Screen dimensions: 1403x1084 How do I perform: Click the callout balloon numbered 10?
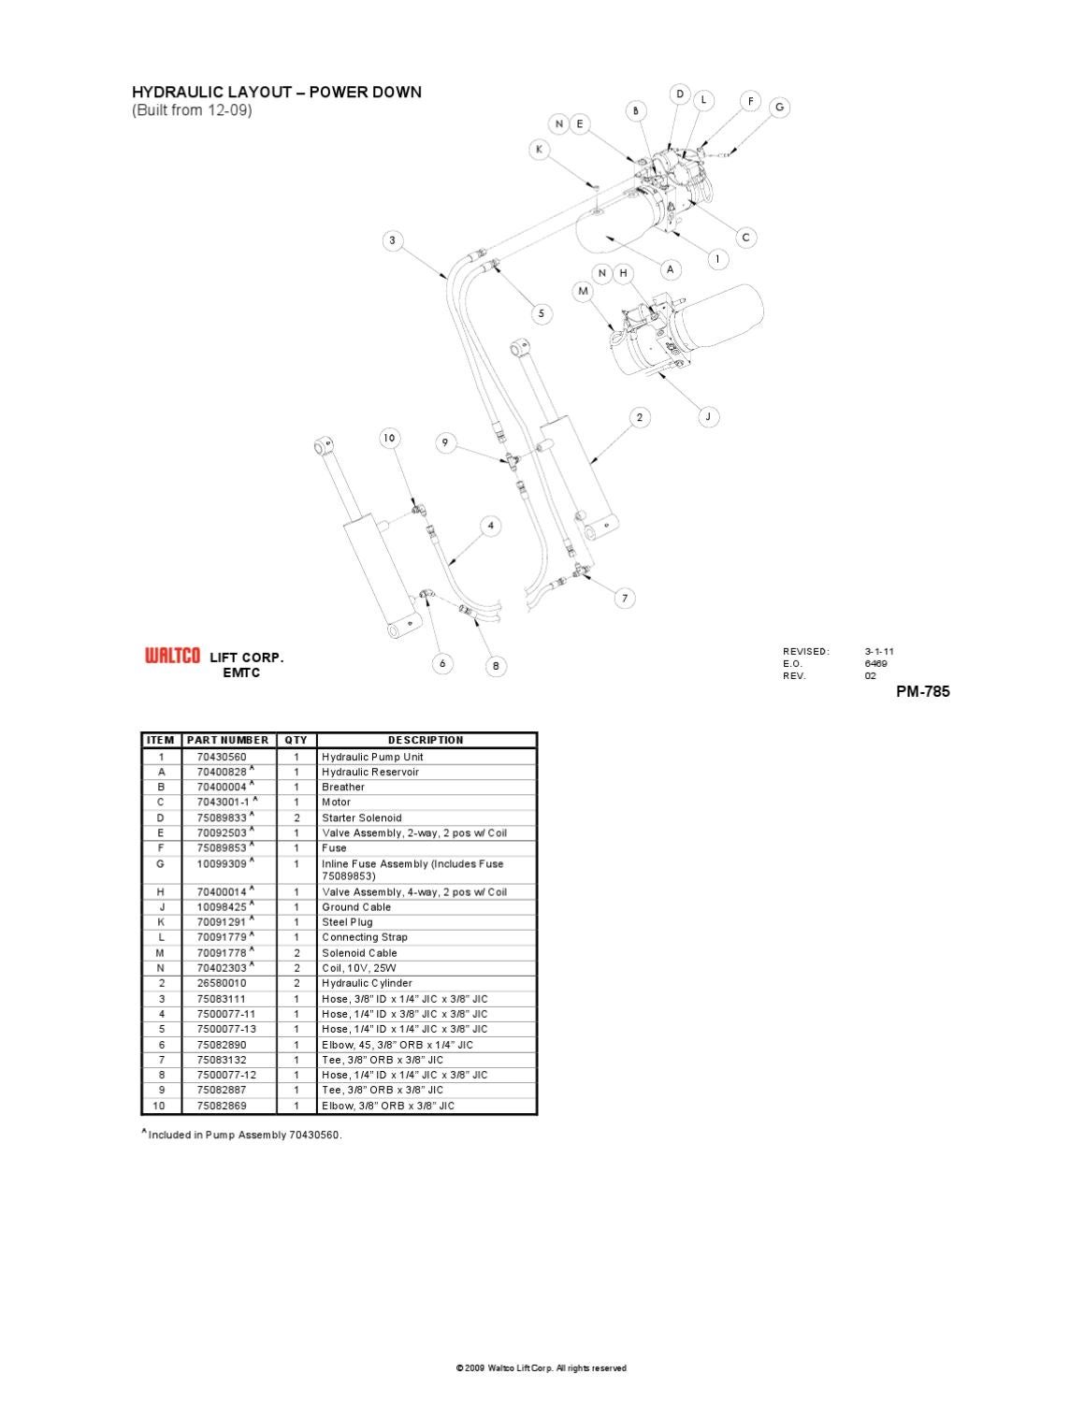pos(389,438)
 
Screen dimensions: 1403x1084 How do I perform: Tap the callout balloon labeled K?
pos(538,150)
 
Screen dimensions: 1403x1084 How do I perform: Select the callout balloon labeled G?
pos(779,108)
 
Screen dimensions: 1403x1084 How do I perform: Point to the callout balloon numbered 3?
pos(393,240)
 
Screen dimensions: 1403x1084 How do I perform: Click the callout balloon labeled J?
pos(708,416)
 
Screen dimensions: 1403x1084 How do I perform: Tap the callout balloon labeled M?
pos(584,291)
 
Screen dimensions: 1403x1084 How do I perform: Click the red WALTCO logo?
pos(172,657)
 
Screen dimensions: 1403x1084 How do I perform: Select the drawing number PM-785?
pos(923,692)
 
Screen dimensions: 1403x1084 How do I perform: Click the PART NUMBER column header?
pos(227,740)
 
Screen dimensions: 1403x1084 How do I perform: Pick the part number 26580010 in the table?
pos(222,983)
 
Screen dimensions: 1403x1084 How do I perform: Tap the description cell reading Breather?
pos(343,788)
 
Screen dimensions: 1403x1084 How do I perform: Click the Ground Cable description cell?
pos(356,907)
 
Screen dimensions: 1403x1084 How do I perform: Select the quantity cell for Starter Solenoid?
pos(296,817)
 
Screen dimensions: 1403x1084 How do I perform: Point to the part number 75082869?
pos(222,1106)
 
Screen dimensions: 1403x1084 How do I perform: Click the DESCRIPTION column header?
pos(426,740)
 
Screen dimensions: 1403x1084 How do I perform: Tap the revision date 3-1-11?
pos(880,651)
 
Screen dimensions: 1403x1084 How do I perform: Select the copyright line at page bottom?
pos(541,1368)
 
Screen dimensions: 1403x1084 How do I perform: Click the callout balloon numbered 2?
pos(640,417)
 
